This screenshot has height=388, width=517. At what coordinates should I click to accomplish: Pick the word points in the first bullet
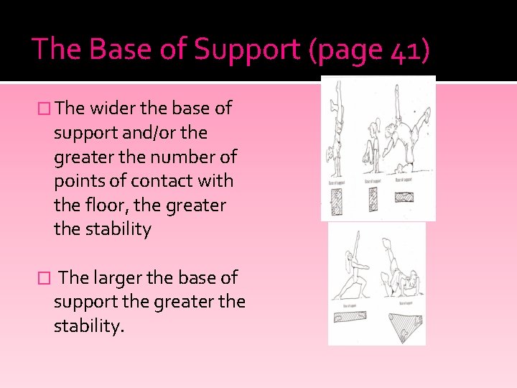pyautogui.click(x=78, y=181)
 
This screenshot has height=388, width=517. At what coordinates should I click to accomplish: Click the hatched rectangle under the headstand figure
pyautogui.click(x=407, y=198)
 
